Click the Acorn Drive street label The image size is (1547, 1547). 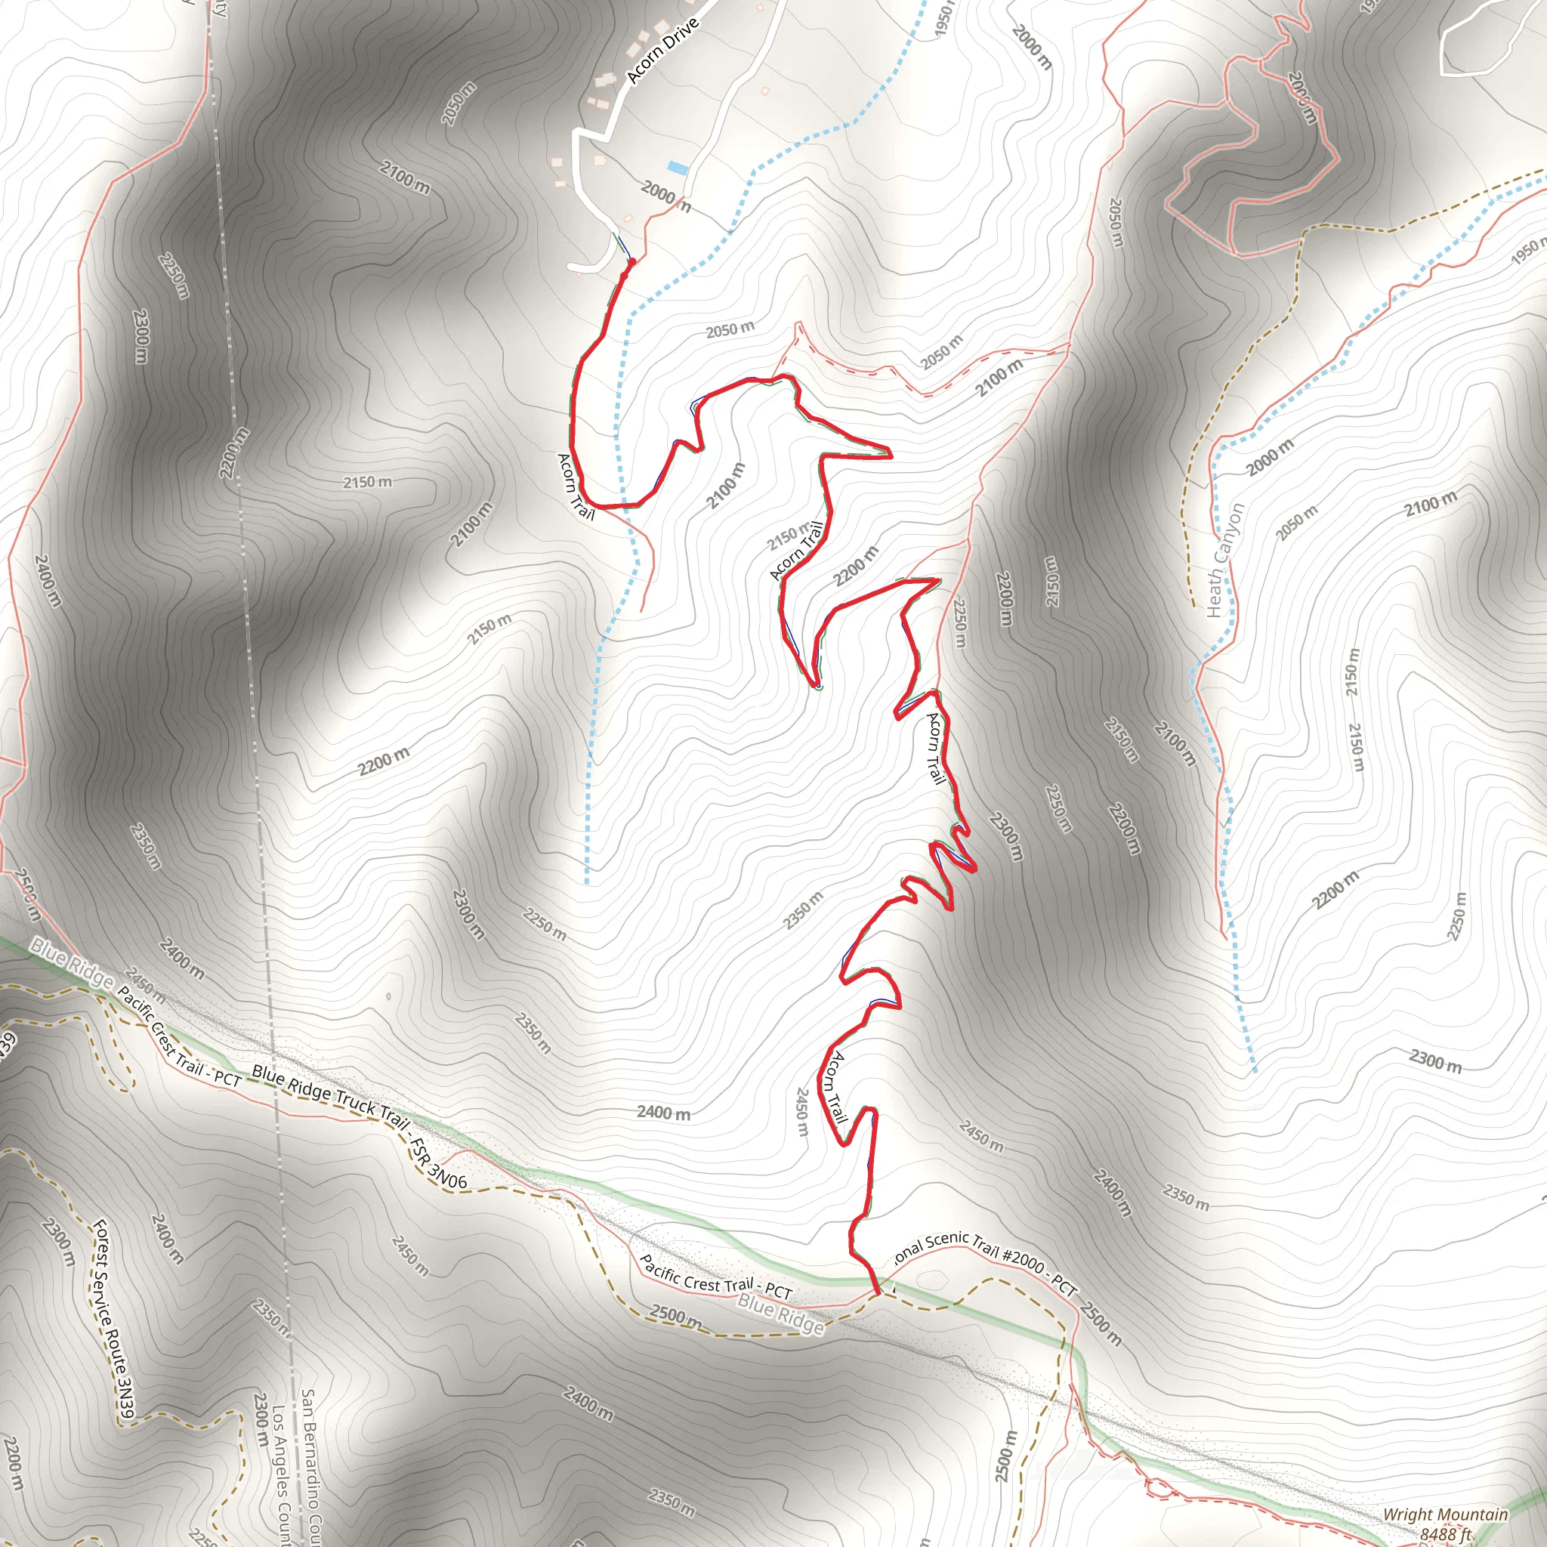663,50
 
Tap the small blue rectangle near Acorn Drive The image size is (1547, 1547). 678,168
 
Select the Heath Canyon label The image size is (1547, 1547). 1225,560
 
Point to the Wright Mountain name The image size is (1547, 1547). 1444,1515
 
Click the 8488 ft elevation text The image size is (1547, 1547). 1446,1534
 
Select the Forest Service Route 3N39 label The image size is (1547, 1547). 111,1322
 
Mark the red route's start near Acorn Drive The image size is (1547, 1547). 631,262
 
